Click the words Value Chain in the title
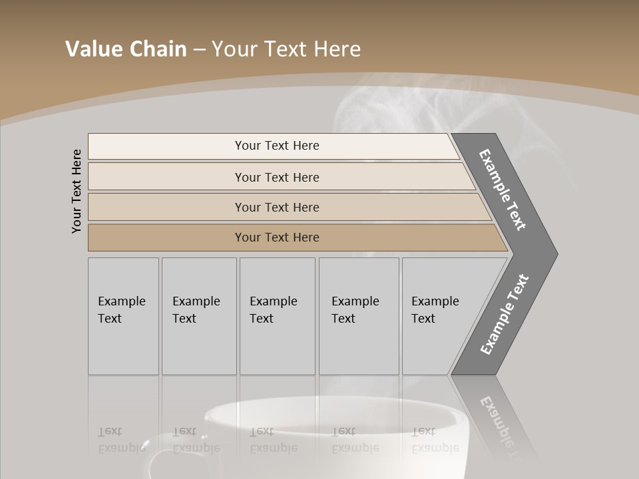tap(126, 49)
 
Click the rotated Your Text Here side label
tap(77, 191)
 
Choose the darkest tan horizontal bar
tap(166, 238)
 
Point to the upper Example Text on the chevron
tap(503, 190)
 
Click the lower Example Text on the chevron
tap(504, 314)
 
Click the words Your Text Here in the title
tap(286, 49)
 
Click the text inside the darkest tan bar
tap(277, 238)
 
